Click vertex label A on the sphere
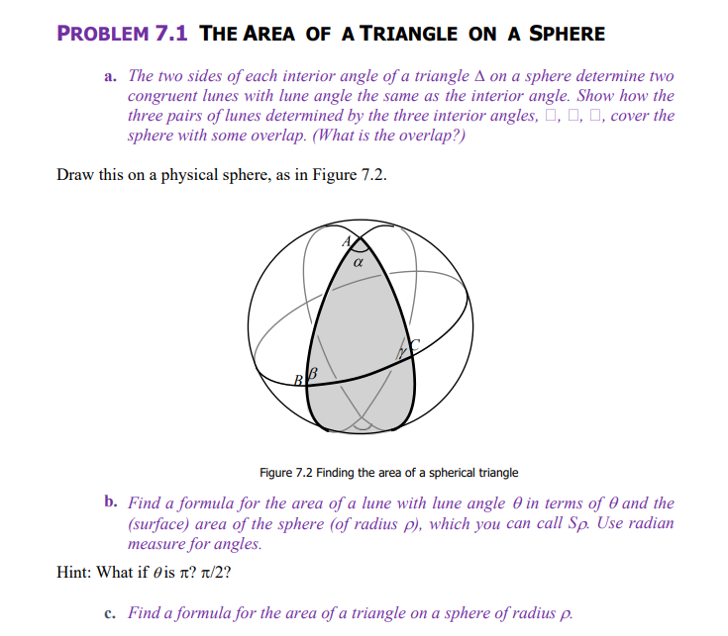coord(347,240)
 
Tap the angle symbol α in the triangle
coord(358,263)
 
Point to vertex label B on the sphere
coord(298,379)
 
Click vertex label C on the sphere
coord(416,343)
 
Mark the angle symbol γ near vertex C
coord(402,352)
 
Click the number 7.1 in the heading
coord(172,33)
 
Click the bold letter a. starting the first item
coord(110,76)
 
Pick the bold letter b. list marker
coord(111,502)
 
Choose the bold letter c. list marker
coord(110,612)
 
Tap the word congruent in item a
coord(162,96)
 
